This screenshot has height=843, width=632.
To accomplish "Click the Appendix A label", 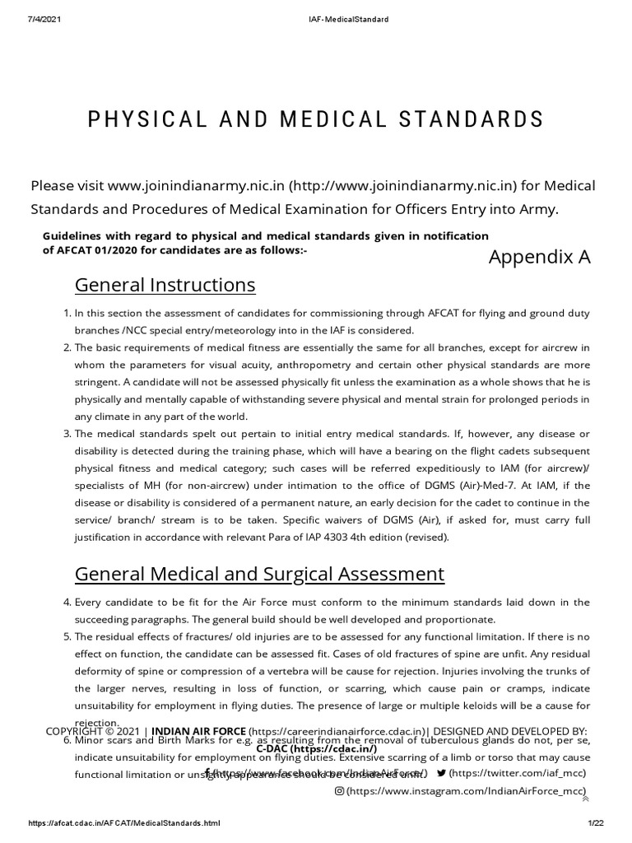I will coord(539,258).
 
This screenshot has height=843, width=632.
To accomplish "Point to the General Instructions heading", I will coord(165,286).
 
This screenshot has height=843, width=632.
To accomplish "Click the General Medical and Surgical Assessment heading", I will coord(259,574).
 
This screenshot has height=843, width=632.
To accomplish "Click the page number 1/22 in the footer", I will coord(596,823).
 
